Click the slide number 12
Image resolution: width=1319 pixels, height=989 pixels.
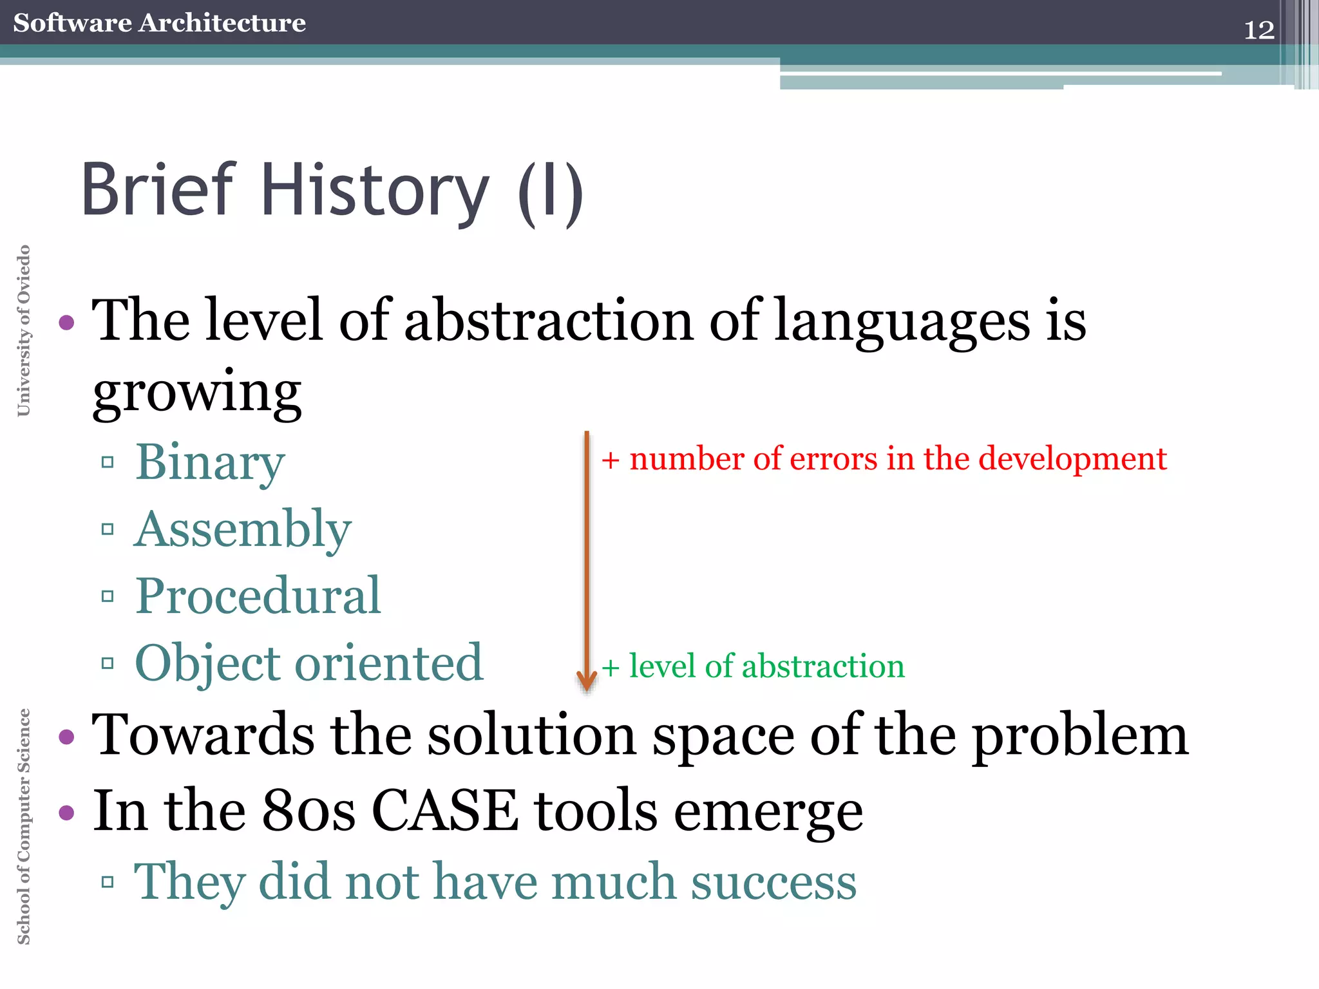pyautogui.click(x=1258, y=30)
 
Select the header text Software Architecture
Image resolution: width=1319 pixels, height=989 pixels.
pyautogui.click(x=159, y=23)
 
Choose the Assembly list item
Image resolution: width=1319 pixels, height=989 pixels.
pyautogui.click(x=243, y=529)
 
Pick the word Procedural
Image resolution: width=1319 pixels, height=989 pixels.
pyautogui.click(x=258, y=596)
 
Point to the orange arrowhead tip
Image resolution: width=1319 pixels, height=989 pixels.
pyautogui.click(x=587, y=688)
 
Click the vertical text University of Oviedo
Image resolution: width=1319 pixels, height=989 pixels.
pyautogui.click(x=23, y=330)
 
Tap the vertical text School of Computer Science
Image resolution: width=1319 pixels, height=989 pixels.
pyautogui.click(x=23, y=826)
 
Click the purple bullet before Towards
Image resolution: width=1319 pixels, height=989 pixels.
pyautogui.click(x=66, y=737)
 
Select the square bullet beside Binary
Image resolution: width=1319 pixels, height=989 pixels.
pyautogui.click(x=108, y=462)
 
